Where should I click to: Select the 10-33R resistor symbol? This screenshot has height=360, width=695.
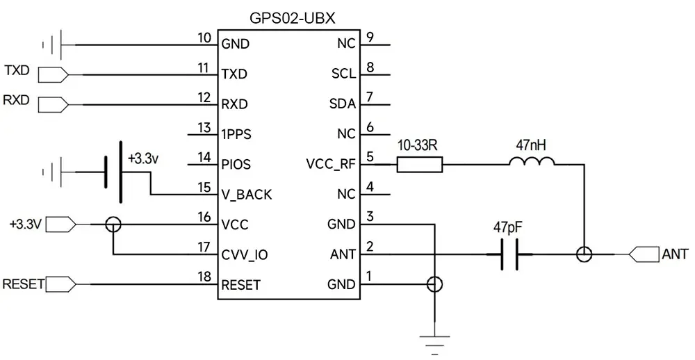419,165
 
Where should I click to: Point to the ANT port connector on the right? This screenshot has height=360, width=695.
643,255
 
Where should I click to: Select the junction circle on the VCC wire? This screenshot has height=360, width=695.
113,224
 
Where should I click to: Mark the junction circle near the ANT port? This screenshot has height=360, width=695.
584,255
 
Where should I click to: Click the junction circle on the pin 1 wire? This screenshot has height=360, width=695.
434,284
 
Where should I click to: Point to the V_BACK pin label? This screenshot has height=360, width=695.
247,195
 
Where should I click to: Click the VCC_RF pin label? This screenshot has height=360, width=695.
331,165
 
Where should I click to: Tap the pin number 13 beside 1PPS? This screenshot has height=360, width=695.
204,128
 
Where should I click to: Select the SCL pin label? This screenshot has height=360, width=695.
343,74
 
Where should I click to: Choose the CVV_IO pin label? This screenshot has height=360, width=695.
244,255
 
